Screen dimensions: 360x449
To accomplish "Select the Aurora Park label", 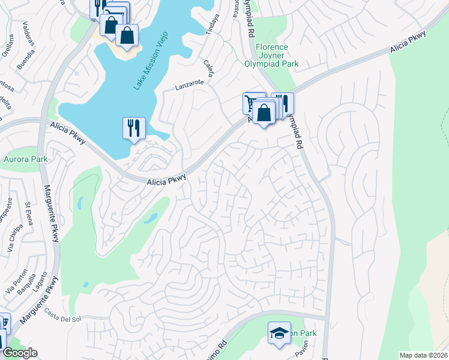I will pyautogui.click(x=25, y=160).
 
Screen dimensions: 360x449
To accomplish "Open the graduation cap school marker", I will pyautogui.click(x=279, y=334).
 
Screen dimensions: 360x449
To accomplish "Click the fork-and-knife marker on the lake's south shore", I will pyautogui.click(x=134, y=128).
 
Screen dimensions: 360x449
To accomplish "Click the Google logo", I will pyautogui.click(x=19, y=353).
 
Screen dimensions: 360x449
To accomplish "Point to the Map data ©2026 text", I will pyautogui.click(x=423, y=355).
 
